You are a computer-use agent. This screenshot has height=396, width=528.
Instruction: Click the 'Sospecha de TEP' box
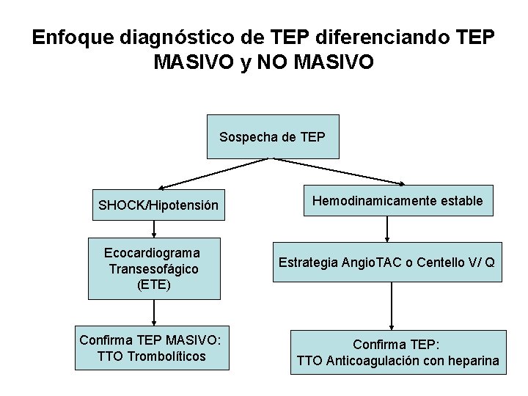pos(273,136)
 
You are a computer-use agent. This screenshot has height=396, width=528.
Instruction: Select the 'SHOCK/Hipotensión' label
pos(158,205)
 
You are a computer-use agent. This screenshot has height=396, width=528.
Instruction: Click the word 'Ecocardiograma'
pos(154,253)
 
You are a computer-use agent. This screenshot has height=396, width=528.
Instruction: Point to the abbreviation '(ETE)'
pos(154,284)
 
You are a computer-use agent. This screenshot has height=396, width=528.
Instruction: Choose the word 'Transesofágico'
pos(154,268)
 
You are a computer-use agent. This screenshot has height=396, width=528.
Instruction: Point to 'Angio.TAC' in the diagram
pos(376,262)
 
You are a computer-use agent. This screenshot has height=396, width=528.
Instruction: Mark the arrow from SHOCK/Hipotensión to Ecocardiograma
pos(154,228)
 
